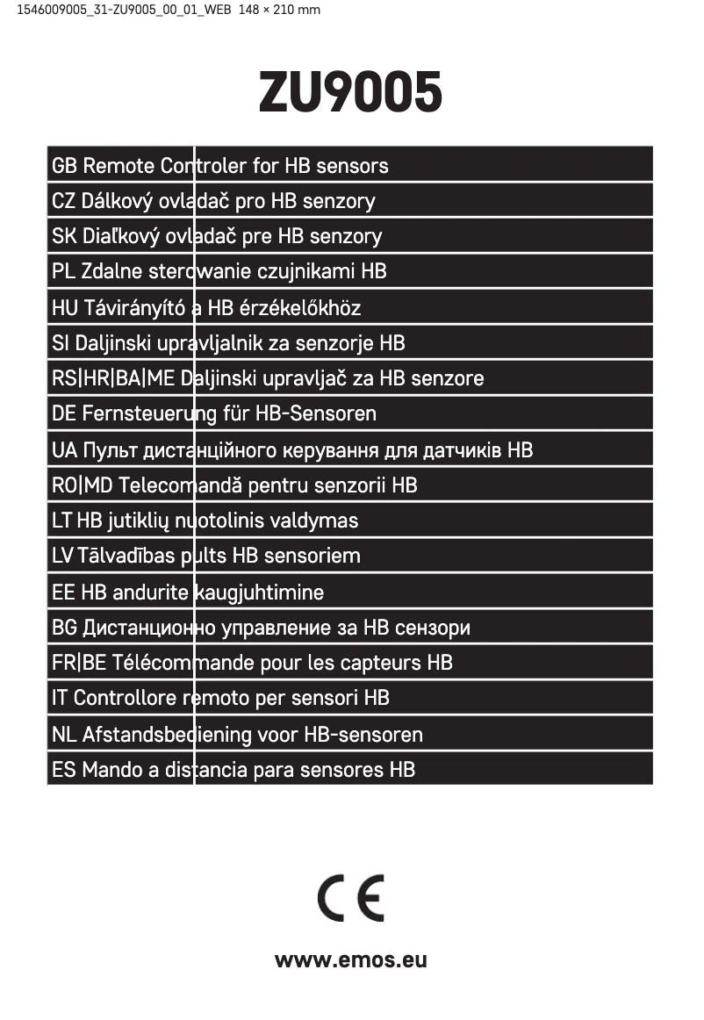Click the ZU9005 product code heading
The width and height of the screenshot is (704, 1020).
click(350, 93)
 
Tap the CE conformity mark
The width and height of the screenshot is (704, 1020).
click(351, 898)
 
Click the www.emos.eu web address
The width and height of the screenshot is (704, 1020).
click(351, 959)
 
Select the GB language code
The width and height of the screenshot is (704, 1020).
click(65, 166)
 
